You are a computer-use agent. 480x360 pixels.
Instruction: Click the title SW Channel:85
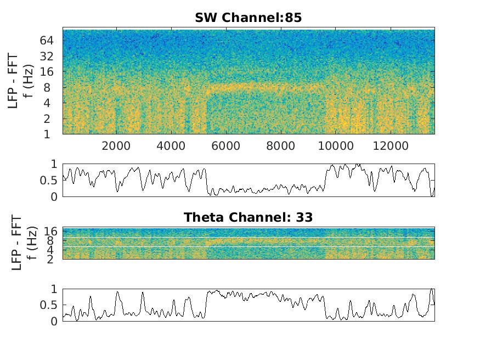pyautogui.click(x=248, y=18)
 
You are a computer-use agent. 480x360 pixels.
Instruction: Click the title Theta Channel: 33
pyautogui.click(x=248, y=217)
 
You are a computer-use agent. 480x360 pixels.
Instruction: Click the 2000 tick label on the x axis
pyautogui.click(x=116, y=146)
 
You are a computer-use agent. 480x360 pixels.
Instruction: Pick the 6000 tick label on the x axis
pyautogui.click(x=226, y=146)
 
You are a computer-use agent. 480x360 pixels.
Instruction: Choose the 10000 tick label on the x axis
pyautogui.click(x=336, y=146)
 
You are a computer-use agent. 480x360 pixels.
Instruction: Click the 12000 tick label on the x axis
pyautogui.click(x=391, y=146)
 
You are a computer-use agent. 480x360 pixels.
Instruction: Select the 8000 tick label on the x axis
pyautogui.click(x=281, y=146)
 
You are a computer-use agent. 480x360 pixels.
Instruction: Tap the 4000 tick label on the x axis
pyautogui.click(x=171, y=146)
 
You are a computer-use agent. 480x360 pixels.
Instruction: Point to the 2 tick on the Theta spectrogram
pyautogui.click(x=53, y=258)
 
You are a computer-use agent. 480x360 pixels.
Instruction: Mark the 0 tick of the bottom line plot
pyautogui.click(x=53, y=322)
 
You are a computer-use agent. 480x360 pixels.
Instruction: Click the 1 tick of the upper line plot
pyautogui.click(x=53, y=164)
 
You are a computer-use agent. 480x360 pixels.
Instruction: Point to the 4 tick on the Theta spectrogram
pyautogui.click(x=53, y=250)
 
